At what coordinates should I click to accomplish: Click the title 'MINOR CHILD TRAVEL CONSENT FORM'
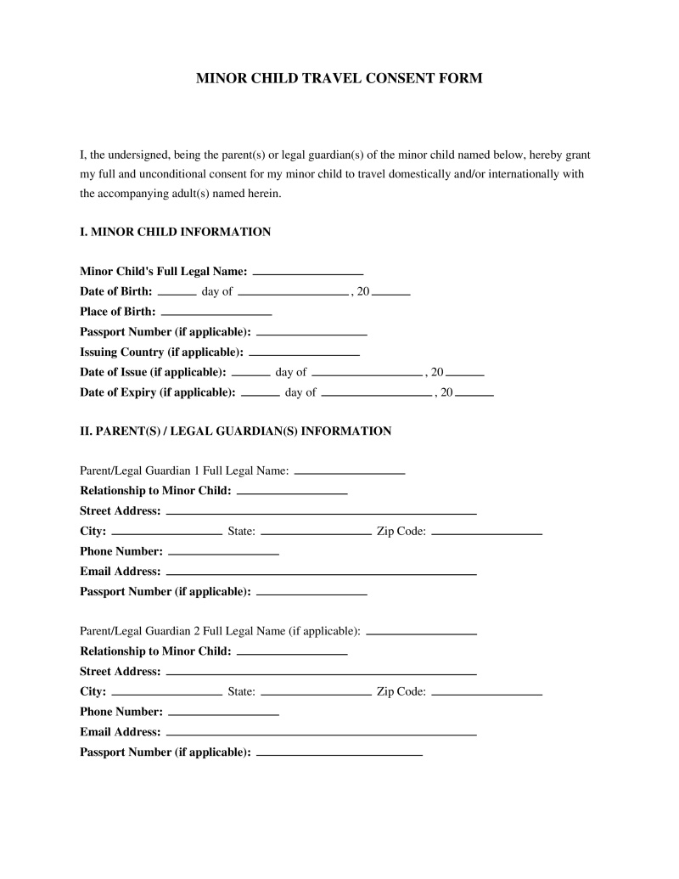point(339,78)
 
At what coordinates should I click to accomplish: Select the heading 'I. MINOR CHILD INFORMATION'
point(175,232)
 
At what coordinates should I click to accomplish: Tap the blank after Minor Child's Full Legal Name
point(308,273)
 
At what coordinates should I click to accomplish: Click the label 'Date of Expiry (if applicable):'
point(158,392)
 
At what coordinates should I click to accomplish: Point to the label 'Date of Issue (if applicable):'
point(153,372)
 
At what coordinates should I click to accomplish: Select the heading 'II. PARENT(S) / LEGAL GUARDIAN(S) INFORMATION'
point(235,431)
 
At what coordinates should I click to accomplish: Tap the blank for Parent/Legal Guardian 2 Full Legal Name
point(421,634)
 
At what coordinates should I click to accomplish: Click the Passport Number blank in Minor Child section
point(311,334)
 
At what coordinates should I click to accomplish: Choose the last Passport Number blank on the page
point(339,754)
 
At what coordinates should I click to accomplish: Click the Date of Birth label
point(116,291)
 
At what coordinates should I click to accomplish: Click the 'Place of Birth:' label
point(118,312)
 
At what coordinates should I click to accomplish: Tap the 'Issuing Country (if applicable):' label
point(161,352)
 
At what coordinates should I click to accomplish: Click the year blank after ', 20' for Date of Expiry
point(474,395)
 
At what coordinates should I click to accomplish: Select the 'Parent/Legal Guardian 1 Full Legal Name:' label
point(184,470)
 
